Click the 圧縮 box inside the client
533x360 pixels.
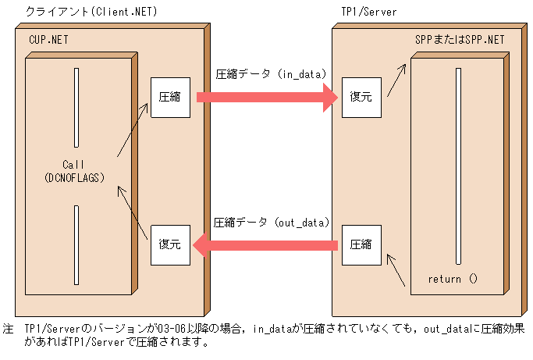170,98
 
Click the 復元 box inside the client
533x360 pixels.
170,244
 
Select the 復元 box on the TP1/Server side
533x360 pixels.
361,98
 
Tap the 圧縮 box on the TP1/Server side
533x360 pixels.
361,244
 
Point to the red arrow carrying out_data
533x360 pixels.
265,245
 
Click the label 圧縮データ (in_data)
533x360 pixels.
271,74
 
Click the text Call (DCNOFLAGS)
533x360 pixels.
76,172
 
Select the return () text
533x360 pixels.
452,279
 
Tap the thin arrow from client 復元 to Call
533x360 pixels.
132,211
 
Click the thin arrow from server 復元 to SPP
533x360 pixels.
398,78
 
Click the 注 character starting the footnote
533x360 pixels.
8,330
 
